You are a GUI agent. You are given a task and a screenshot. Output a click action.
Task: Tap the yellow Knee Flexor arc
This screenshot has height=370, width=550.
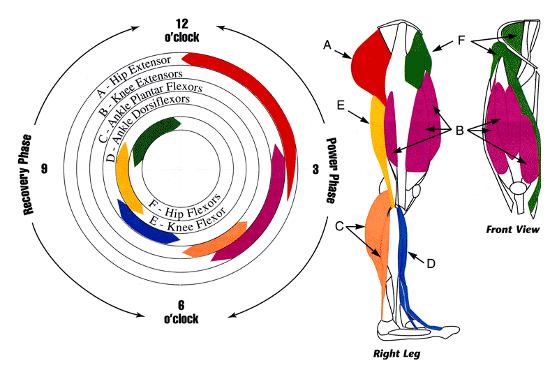[125, 175]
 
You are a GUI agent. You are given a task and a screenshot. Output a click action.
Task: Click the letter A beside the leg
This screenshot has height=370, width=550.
[327, 45]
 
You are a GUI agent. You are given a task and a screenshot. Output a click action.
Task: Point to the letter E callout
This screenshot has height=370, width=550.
[340, 105]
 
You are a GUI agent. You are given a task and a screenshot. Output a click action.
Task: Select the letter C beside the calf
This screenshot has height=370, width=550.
[340, 225]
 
